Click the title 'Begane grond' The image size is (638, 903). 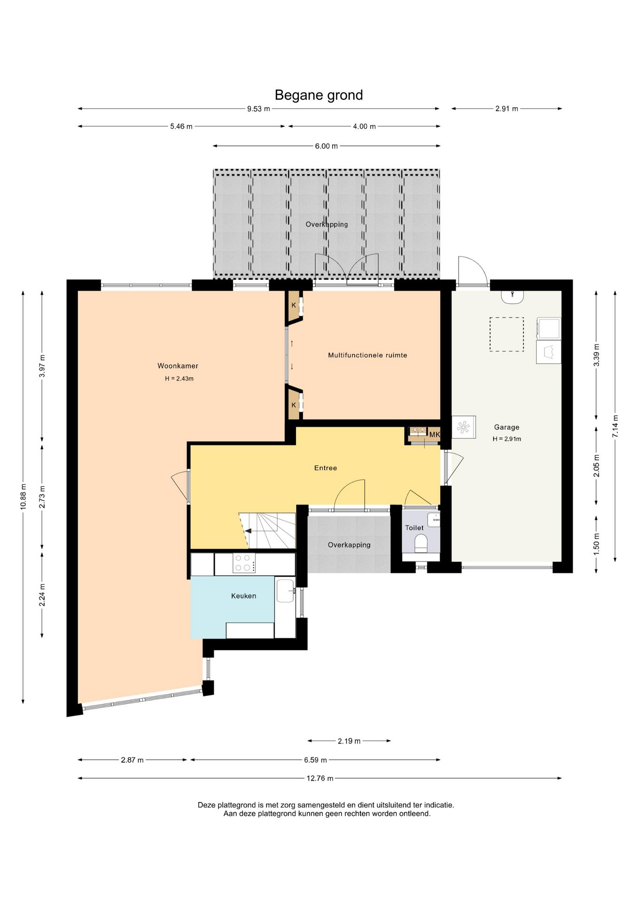(319, 95)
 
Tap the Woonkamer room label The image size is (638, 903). (178, 366)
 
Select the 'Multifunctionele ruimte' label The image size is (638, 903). (367, 355)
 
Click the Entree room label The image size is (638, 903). (326, 468)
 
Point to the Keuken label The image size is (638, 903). (243, 596)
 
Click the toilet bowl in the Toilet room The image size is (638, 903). (421, 543)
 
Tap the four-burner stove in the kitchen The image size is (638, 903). (244, 563)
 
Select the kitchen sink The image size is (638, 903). (285, 591)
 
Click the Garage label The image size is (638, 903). (506, 427)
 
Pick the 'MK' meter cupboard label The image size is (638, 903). (435, 435)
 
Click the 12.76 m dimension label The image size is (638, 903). (320, 778)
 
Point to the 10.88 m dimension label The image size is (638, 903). (23, 497)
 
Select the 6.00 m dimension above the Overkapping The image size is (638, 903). (326, 146)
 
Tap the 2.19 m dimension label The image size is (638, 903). (349, 741)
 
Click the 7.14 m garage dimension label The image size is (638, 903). (615, 426)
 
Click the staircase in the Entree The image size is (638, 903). (267, 531)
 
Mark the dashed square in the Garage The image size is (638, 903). (506, 334)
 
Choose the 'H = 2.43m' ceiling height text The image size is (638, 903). (179, 379)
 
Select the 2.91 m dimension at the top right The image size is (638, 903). (506, 109)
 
